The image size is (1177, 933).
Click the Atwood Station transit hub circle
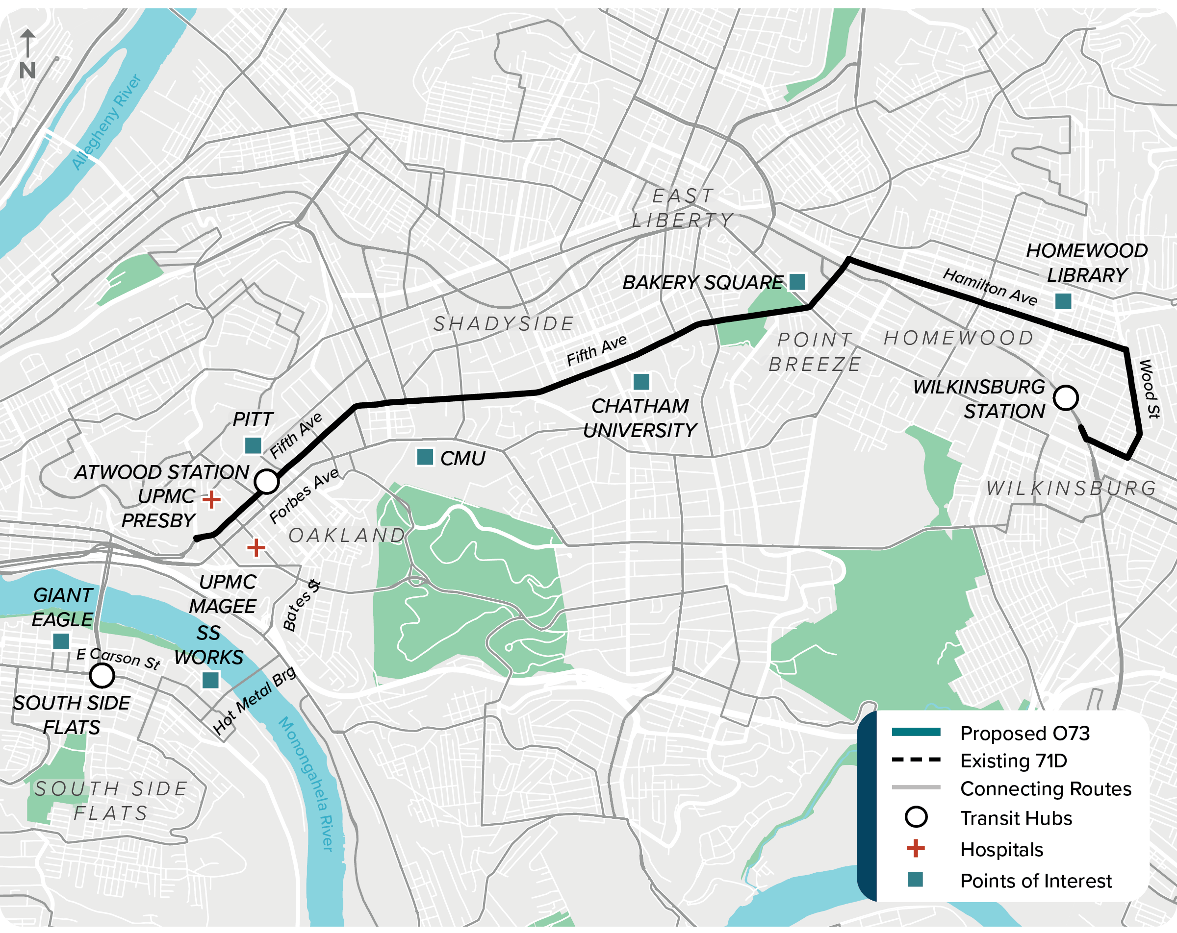click(266, 481)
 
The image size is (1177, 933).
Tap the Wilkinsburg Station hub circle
click(1065, 398)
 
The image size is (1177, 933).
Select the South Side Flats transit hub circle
click(102, 675)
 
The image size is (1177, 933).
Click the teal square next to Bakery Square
click(797, 282)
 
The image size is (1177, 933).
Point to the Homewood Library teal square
click(1062, 301)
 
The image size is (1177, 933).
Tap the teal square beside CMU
click(425, 457)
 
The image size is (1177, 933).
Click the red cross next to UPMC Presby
click(211, 499)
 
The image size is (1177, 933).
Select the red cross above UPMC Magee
click(256, 547)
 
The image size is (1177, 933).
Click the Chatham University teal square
click(641, 381)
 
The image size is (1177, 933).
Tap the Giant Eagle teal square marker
click(61, 640)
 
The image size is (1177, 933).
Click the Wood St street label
click(1148, 389)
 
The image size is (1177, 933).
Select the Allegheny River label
click(106, 122)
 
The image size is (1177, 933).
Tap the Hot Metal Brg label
click(254, 701)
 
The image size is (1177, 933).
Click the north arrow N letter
click(27, 71)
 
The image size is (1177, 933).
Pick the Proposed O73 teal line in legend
click(916, 732)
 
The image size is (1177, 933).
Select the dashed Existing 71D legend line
click(916, 760)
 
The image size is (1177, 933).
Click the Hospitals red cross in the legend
click(916, 848)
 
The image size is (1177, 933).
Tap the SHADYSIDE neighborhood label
click(503, 323)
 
